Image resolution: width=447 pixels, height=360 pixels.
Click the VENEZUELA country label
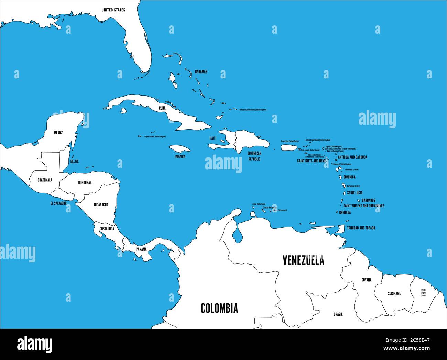click(303, 260)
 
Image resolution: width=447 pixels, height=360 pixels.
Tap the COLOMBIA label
click(219, 308)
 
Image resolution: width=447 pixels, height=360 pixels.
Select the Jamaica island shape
click(180, 148)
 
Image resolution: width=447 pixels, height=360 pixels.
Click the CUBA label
click(162, 108)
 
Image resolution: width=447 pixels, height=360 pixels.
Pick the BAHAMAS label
click(201, 72)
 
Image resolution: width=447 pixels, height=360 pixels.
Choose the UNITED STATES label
click(113, 10)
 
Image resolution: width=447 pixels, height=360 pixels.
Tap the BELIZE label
click(74, 161)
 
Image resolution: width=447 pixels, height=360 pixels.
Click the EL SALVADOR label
click(58, 203)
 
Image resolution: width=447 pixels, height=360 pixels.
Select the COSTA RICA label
click(107, 228)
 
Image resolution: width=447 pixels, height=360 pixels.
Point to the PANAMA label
click(141, 249)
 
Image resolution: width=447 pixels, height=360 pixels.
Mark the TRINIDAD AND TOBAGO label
click(361, 228)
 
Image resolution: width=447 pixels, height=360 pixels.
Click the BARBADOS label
click(369, 200)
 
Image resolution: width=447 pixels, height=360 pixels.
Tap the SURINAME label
click(394, 293)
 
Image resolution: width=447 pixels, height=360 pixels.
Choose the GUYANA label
click(366, 280)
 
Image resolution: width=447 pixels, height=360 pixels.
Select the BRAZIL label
click(338, 314)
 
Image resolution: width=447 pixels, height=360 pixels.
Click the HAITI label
click(213, 138)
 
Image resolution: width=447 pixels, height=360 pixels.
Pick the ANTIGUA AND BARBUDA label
click(352, 157)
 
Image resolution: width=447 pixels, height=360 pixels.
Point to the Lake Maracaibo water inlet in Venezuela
click(237, 235)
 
